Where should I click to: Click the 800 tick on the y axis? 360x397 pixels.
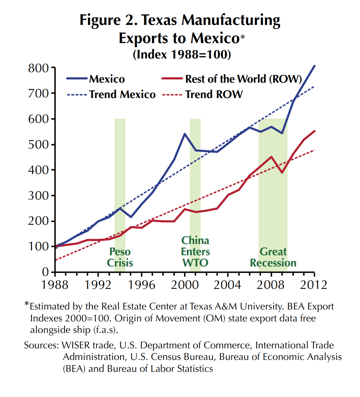(39, 68)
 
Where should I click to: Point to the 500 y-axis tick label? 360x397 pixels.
(39, 145)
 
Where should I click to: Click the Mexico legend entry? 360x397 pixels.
(107, 79)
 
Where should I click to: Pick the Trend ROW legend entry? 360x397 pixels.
(214, 94)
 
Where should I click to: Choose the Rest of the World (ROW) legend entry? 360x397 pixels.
(243, 79)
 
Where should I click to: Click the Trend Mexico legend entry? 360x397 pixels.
(122, 94)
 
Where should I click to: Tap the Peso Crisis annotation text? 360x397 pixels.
(120, 257)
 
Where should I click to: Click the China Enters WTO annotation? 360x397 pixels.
(195, 251)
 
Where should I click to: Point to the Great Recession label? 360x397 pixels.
(273, 257)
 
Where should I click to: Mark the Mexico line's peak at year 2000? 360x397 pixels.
(185, 134)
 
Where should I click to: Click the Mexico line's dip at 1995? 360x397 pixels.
(131, 217)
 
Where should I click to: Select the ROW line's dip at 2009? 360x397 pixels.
(282, 173)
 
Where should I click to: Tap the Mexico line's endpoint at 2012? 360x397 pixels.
(314, 66)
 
